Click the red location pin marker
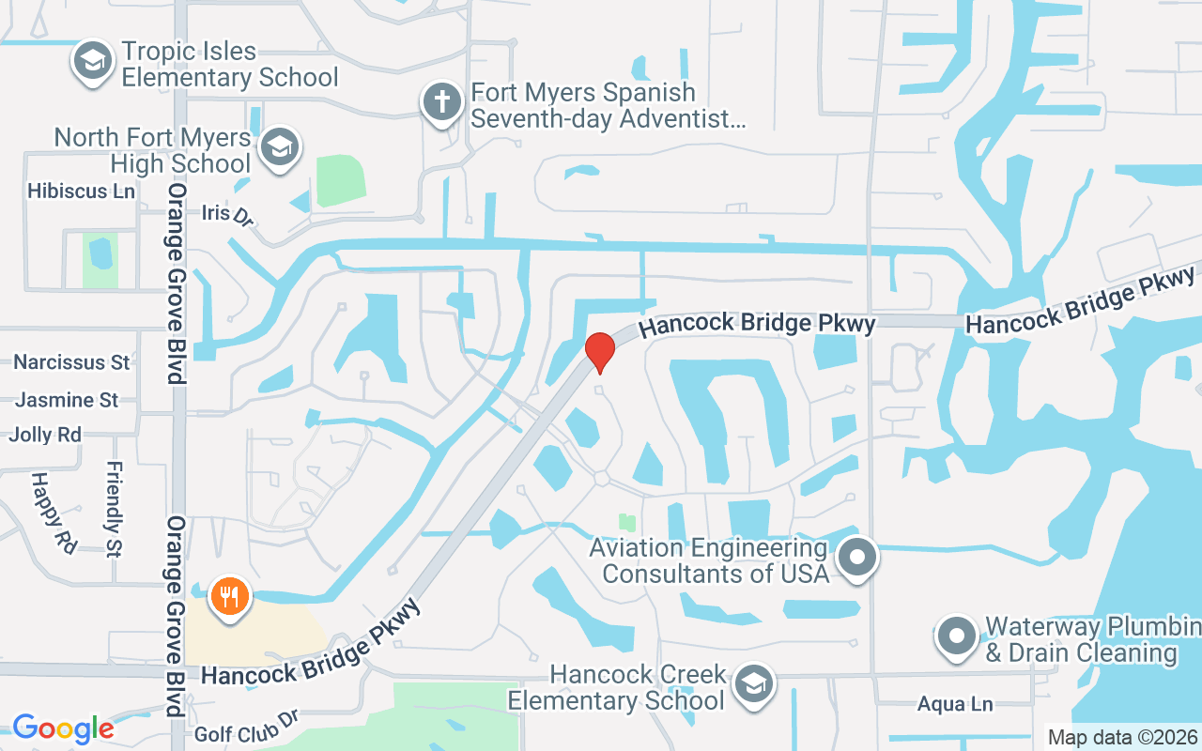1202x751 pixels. (x=600, y=351)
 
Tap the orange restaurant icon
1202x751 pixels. (x=226, y=596)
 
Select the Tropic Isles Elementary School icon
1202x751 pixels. (x=92, y=62)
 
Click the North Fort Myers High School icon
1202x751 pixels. (x=280, y=147)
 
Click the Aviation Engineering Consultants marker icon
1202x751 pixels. (x=856, y=558)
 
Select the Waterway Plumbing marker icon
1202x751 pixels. (x=957, y=636)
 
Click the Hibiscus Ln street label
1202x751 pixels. (x=82, y=192)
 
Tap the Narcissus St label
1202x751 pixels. (x=71, y=361)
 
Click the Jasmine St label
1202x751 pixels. (x=67, y=400)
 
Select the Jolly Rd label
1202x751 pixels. (x=45, y=435)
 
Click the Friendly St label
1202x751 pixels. (x=115, y=508)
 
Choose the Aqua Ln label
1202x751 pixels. (x=955, y=704)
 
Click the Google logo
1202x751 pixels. (x=62, y=728)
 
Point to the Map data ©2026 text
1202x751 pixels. (x=1122, y=737)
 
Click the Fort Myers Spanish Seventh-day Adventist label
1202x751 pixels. (x=608, y=105)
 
